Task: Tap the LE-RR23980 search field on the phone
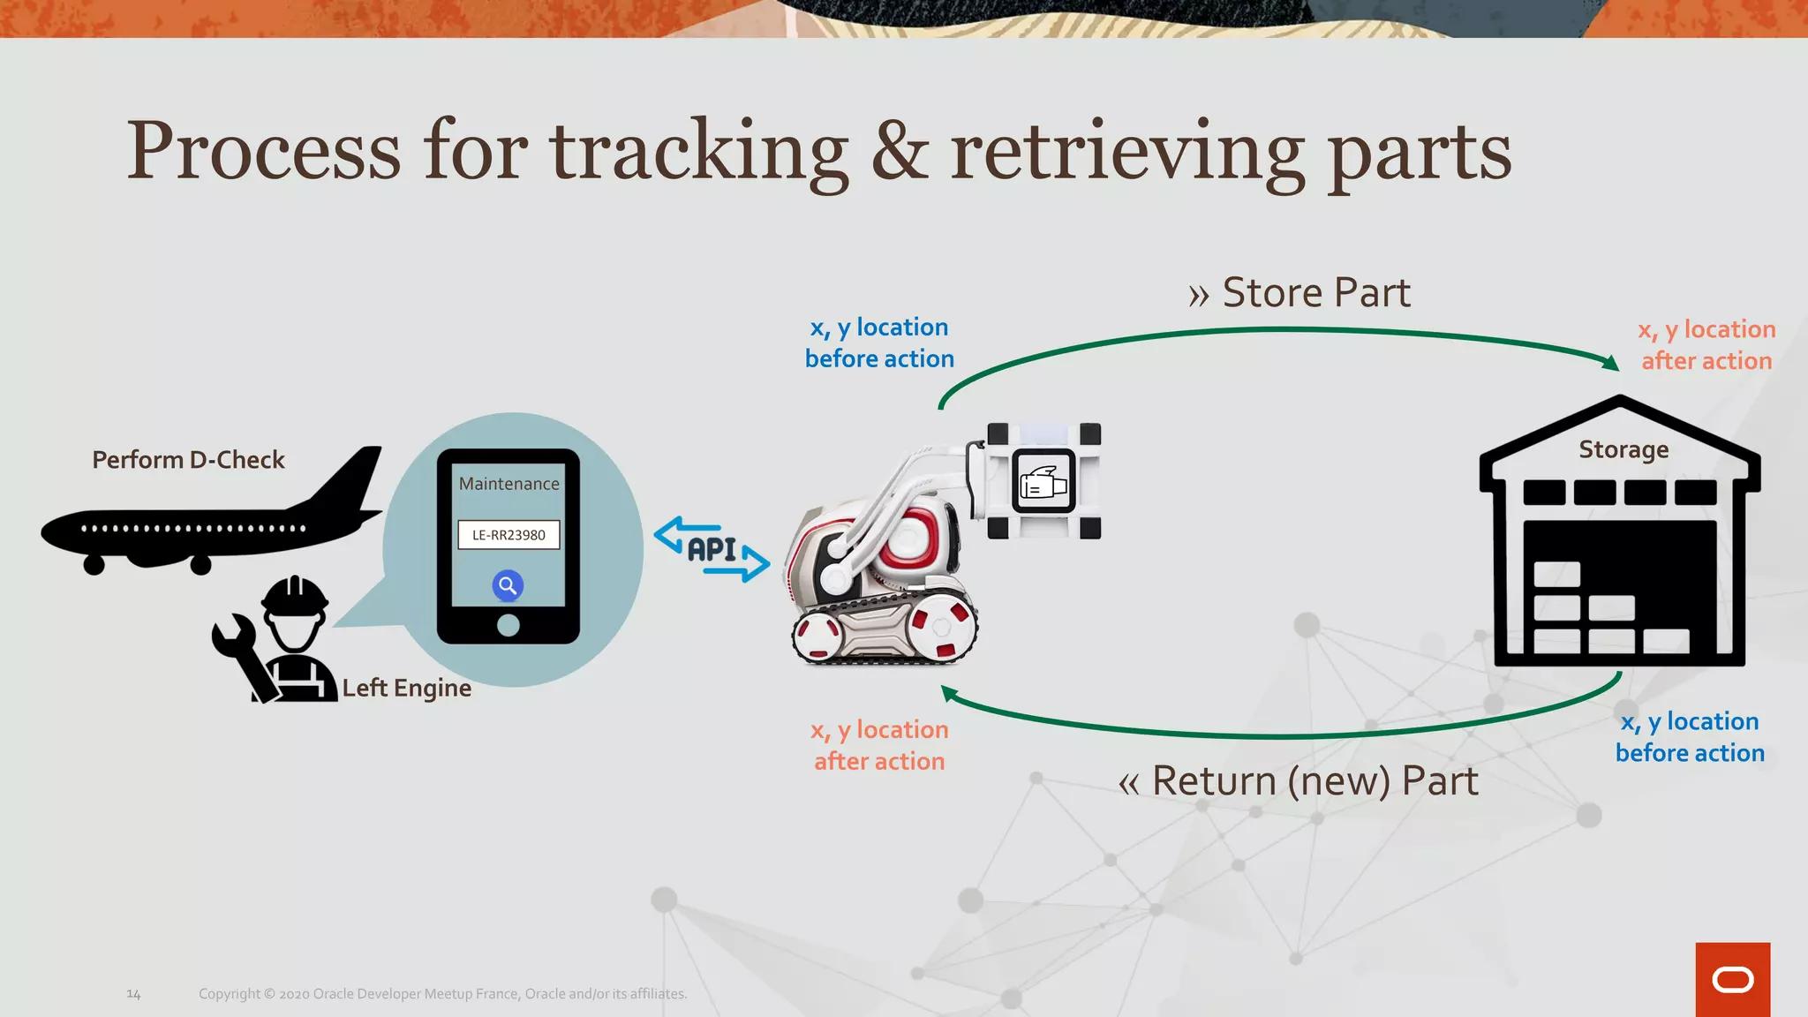click(508, 535)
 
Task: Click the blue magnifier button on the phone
click(508, 585)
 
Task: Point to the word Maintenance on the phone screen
click(508, 484)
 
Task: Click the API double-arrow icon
click(712, 549)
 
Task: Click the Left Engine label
click(406, 688)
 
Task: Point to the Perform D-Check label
click(188, 460)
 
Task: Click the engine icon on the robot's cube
click(1043, 482)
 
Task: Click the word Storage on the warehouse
click(1623, 449)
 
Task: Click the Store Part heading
click(1299, 293)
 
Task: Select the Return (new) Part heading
click(1298, 781)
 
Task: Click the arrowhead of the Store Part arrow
click(1610, 362)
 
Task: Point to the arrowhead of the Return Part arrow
click(949, 694)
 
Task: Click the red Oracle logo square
click(1732, 979)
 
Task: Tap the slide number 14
click(133, 994)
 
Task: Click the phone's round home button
click(508, 625)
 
